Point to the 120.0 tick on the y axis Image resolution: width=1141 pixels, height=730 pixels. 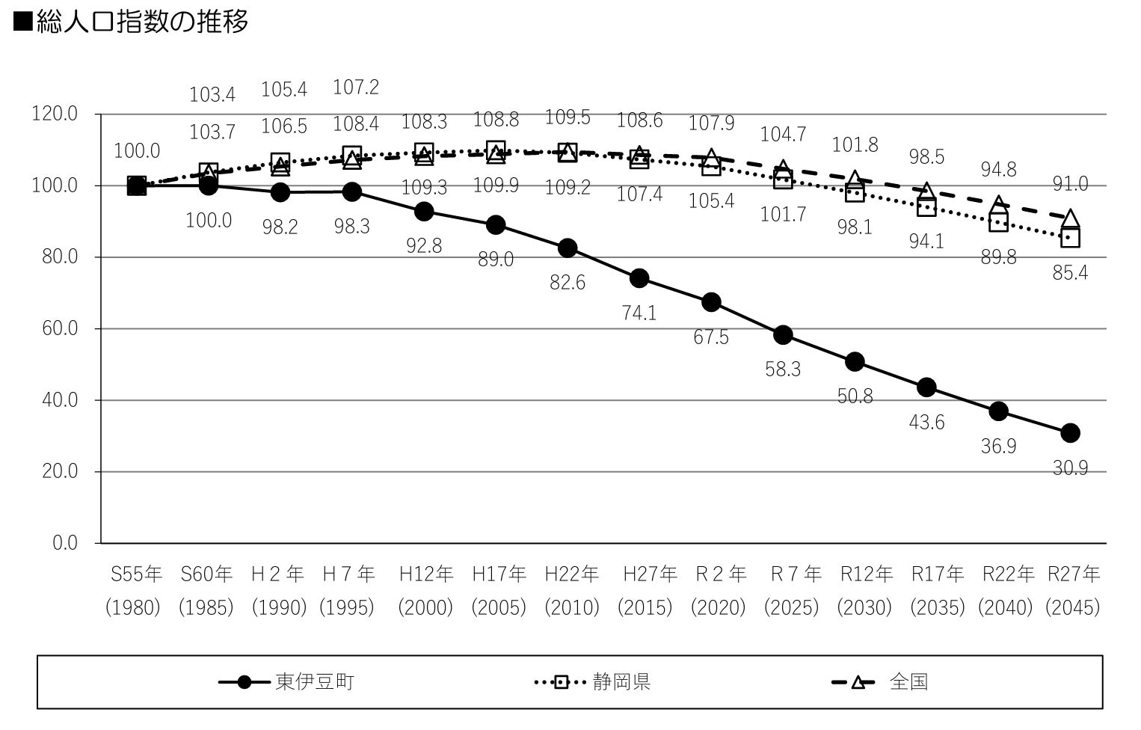(55, 114)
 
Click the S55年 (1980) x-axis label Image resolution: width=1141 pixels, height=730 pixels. (135, 591)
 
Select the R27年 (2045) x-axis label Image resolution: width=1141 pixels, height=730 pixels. (1073, 591)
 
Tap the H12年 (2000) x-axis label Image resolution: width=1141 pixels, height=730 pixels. (425, 591)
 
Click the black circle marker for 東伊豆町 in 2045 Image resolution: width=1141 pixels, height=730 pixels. (1070, 432)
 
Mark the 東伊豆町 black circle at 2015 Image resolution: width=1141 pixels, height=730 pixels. (639, 278)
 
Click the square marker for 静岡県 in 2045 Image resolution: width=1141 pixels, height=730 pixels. (1070, 238)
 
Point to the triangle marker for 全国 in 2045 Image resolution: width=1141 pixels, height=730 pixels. (1070, 218)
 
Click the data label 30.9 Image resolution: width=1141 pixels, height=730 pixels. (1070, 468)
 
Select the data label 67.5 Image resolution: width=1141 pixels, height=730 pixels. (711, 337)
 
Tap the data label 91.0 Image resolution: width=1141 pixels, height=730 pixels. (1070, 184)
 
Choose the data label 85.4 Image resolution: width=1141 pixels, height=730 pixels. (1070, 273)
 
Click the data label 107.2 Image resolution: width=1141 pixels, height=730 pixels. (356, 88)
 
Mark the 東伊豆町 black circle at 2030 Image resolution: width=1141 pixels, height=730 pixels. (855, 362)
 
